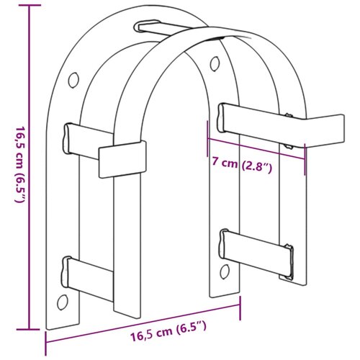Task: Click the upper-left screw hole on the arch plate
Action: [73, 80]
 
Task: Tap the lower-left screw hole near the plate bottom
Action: [63, 302]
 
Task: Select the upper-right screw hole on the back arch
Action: [215, 63]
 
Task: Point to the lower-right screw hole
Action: [225, 271]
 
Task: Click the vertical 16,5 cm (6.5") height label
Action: [19, 164]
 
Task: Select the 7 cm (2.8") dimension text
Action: [242, 164]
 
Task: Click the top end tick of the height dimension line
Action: [30, 5]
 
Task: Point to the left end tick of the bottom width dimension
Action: [45, 343]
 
